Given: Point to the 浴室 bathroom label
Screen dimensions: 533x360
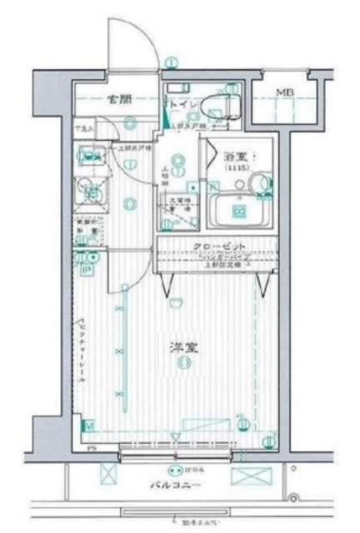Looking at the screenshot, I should pos(236,156).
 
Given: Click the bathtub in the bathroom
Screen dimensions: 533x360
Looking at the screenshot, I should pos(240,211).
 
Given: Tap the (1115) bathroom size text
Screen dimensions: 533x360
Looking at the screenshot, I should pos(236,167).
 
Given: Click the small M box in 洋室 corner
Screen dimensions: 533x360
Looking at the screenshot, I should pos(88,426).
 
